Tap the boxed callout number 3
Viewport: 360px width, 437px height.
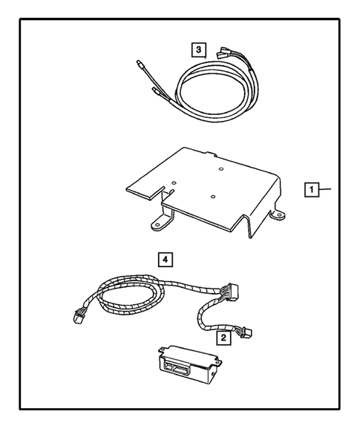[197, 50]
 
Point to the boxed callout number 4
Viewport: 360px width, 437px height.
[166, 259]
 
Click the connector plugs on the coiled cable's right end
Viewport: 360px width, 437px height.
[223, 54]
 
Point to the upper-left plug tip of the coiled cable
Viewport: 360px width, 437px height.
[141, 65]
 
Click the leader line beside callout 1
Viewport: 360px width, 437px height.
[327, 190]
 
